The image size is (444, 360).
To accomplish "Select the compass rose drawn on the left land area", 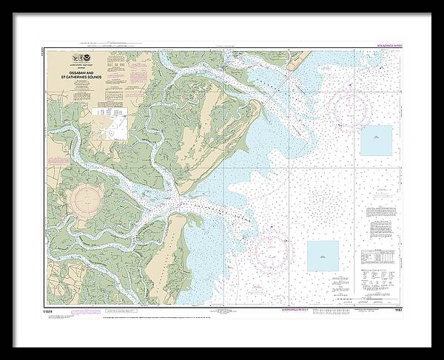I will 87,199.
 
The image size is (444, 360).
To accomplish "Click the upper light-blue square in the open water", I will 376,140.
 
